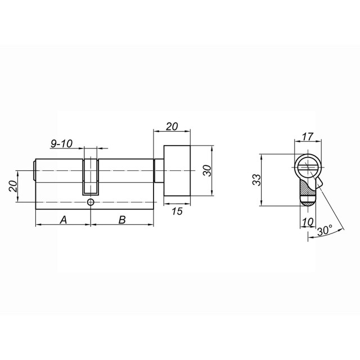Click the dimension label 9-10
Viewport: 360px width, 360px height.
coord(61,144)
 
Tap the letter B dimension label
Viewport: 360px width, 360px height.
coord(121,219)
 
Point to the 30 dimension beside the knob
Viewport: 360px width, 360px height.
coord(206,171)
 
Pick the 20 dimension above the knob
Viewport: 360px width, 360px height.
coord(172,127)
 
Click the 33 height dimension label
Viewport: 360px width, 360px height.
coord(256,180)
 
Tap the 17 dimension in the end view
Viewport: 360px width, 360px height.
coord(308,137)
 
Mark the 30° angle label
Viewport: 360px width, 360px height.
coord(325,231)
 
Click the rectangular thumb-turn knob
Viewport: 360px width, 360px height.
coord(177,171)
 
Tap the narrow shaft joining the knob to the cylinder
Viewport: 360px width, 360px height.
coord(158,171)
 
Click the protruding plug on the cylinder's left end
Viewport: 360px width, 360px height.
coord(35,171)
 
